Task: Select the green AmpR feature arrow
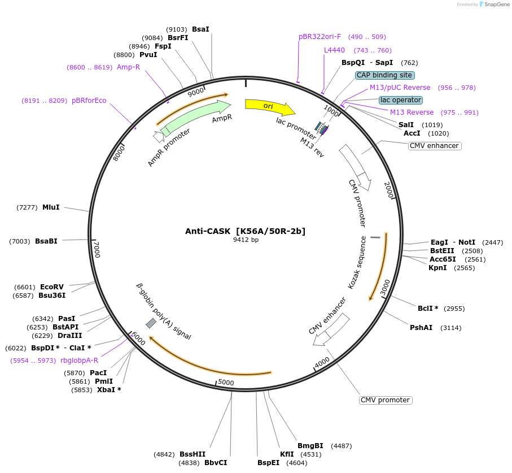coord(195,117)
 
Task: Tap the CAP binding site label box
coord(385,75)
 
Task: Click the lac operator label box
coord(401,100)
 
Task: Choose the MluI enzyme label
coord(51,207)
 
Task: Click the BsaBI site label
coord(46,241)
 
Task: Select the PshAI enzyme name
coord(421,327)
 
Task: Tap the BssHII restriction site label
coord(192,454)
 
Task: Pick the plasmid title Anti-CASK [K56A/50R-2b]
coord(246,231)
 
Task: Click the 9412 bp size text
coord(246,240)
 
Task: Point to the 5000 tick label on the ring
coord(226,383)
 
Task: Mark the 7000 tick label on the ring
coord(97,249)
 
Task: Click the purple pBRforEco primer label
coord(89,101)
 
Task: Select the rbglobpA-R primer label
coord(79,361)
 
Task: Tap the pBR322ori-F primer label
coord(320,37)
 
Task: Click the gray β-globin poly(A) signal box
coord(151,323)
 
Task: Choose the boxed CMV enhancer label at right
coord(435,146)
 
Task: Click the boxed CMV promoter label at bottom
coord(386,400)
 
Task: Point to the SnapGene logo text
coord(497,5)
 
